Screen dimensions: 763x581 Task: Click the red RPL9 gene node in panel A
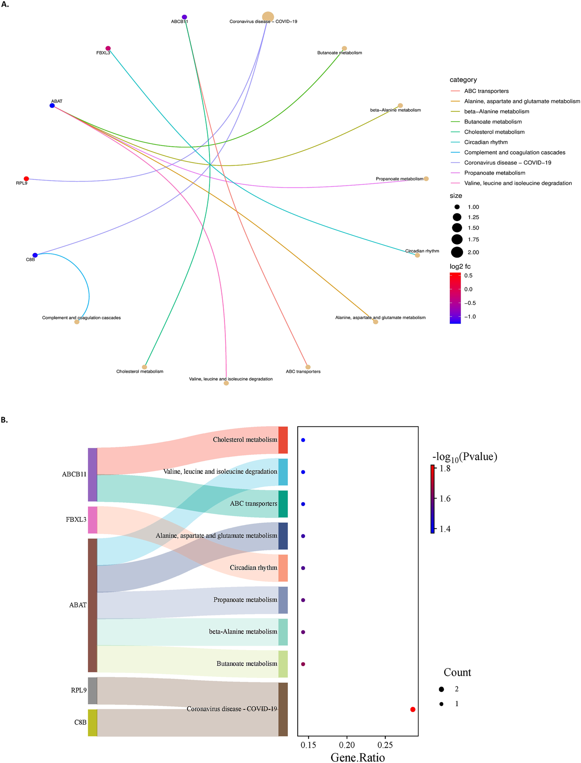point(26,179)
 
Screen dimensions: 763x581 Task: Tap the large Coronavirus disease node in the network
point(268,17)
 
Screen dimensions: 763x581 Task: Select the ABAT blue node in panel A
point(52,106)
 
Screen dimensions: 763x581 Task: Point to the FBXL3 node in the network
point(108,48)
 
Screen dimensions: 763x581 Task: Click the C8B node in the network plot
point(35,255)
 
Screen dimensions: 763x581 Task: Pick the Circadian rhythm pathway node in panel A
point(417,255)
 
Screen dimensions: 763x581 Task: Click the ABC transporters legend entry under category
point(486,91)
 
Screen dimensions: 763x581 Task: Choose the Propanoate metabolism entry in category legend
point(494,173)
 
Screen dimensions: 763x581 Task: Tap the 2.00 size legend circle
point(457,252)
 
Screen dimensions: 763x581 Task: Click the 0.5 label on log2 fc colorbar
point(468,276)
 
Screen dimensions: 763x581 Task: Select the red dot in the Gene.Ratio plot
point(413,709)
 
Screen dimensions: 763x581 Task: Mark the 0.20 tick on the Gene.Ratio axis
point(347,745)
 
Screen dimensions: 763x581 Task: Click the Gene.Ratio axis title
point(358,757)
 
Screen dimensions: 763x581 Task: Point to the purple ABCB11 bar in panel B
point(92,474)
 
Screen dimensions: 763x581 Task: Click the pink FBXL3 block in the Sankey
point(92,520)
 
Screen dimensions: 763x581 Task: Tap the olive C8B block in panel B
point(92,722)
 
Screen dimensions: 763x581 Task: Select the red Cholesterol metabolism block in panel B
point(283,440)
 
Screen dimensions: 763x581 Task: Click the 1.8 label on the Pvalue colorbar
point(445,469)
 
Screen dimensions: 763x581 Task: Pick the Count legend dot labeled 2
point(441,689)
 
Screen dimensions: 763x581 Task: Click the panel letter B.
point(4,420)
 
